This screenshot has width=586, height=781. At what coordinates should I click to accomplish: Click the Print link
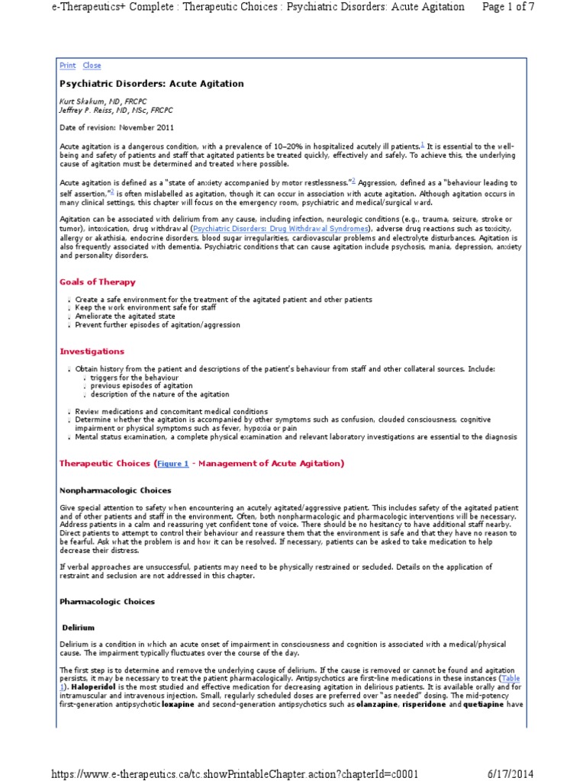(67, 66)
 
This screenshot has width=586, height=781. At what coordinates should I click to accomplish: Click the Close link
(92, 66)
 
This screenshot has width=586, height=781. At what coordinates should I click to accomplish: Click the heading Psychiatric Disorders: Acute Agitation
(151, 84)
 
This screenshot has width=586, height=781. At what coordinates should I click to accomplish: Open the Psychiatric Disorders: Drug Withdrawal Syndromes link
(281, 229)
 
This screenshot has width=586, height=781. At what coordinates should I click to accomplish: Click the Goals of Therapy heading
(97, 281)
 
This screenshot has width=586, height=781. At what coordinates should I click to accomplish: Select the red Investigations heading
(92, 352)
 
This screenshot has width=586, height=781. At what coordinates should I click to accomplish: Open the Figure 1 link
(173, 464)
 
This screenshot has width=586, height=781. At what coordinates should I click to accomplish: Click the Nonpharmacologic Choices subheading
(115, 490)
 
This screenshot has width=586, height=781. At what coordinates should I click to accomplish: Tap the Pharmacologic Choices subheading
(107, 602)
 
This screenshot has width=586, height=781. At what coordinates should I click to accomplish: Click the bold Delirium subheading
(79, 628)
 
